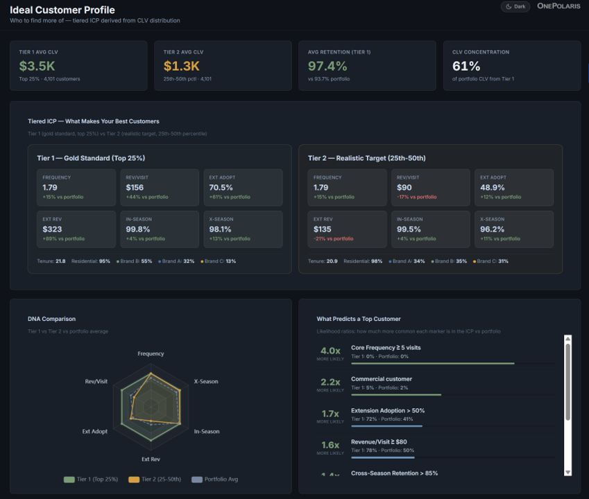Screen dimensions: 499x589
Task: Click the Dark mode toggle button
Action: coord(515,6)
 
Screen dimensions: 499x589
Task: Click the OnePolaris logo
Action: coord(558,6)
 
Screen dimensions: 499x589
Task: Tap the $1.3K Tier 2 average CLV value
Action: coord(182,66)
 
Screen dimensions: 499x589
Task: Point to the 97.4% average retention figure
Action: coord(327,66)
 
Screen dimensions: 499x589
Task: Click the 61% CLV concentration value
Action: coord(466,66)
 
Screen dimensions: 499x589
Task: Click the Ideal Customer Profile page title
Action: coord(62,10)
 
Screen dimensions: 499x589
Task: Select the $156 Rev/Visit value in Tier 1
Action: coord(135,188)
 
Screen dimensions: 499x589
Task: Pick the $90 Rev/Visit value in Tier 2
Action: coord(404,188)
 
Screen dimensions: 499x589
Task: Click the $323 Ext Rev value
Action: coord(52,229)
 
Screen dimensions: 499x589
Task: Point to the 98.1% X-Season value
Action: coord(221,229)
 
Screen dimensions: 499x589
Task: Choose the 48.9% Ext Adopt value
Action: coord(493,188)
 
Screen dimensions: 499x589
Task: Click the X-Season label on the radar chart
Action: coord(205,382)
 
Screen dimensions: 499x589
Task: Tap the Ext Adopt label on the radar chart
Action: coord(95,432)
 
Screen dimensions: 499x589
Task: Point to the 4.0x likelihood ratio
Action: coord(330,351)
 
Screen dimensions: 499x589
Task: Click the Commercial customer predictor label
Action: coord(382,379)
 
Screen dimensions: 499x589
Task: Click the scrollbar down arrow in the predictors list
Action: coord(567,471)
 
